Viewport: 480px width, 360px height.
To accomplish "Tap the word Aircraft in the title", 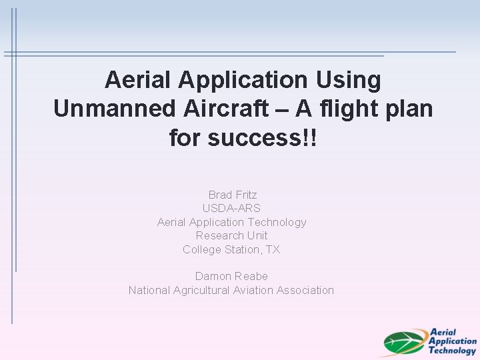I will [x=205, y=109].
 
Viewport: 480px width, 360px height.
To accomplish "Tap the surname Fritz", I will [x=245, y=195].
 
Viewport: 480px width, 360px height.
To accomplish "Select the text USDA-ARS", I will [x=231, y=208].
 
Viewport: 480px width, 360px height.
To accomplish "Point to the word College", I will [x=203, y=249].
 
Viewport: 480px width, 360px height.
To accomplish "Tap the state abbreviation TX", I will [x=273, y=249].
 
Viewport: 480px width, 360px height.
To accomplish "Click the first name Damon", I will [x=212, y=276].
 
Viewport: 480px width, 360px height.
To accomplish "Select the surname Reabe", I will [x=251, y=276].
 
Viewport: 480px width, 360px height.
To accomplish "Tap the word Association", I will [x=305, y=290].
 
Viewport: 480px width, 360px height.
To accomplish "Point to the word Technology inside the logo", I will [x=452, y=350].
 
